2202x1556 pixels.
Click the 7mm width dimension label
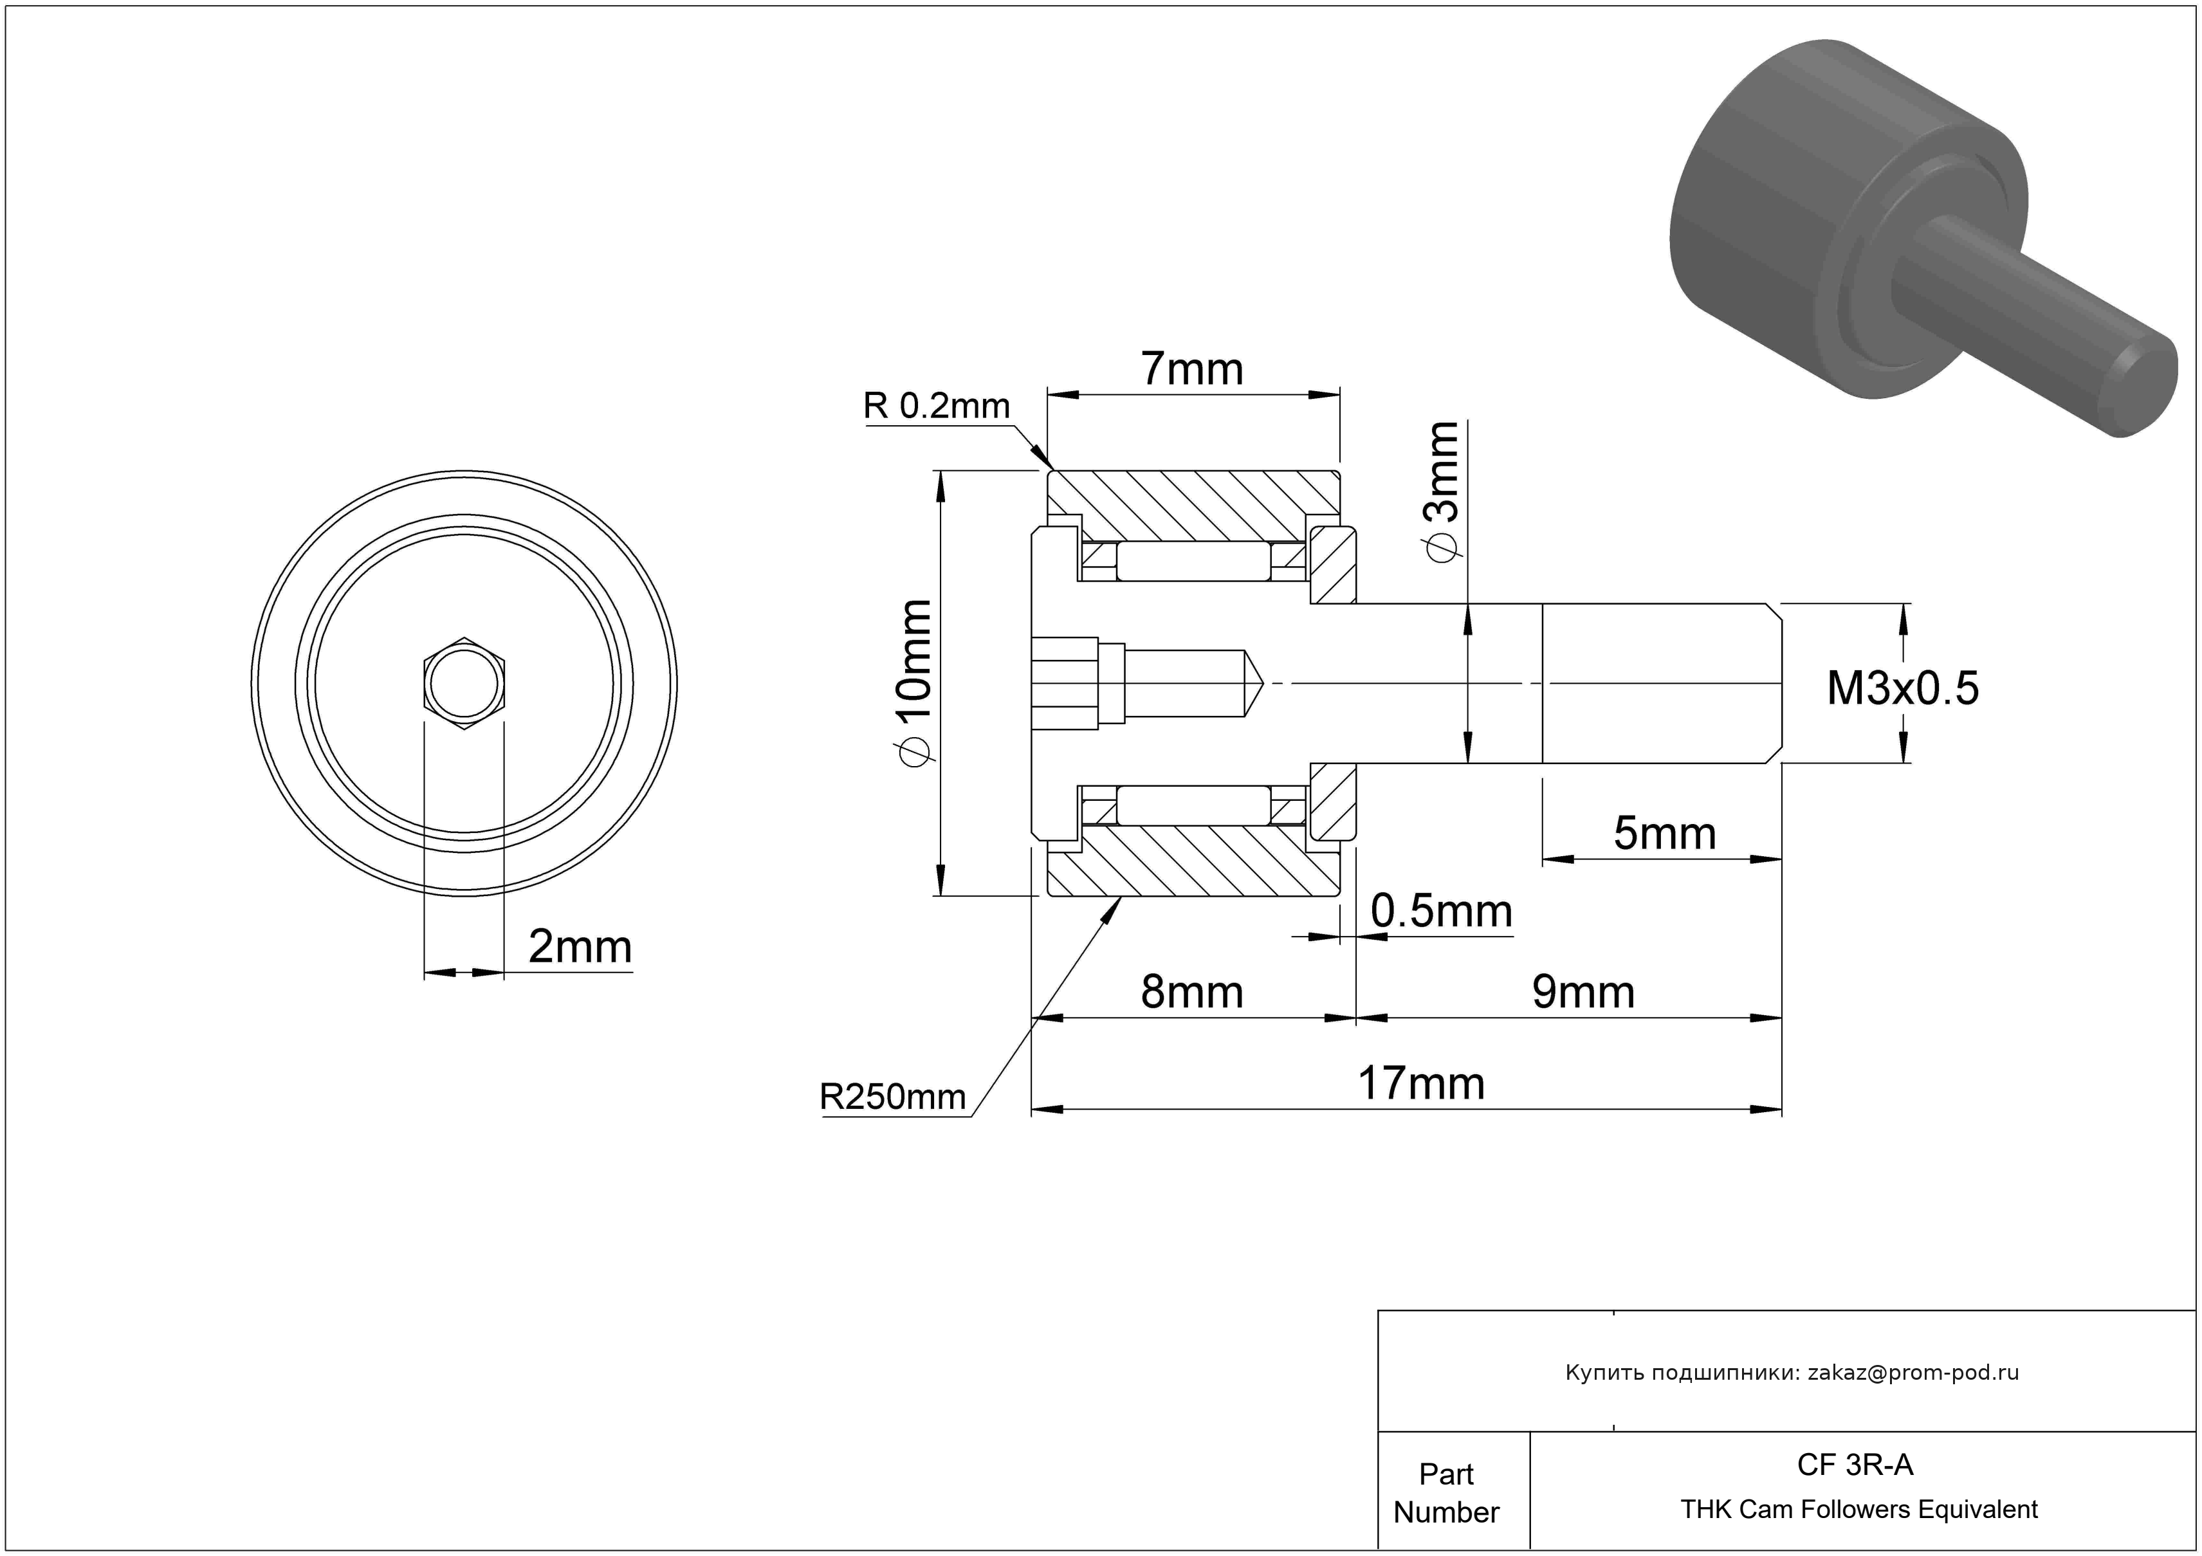(1191, 369)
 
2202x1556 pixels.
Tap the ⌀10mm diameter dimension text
(911, 682)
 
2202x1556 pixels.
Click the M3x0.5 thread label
(1902, 688)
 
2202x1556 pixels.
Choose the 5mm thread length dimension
(1664, 833)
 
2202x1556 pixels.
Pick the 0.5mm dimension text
(1440, 911)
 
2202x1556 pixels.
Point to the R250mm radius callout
(892, 1097)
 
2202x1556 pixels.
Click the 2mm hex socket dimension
(579, 947)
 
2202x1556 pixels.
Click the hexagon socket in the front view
(464, 684)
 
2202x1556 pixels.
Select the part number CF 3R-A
(1854, 1465)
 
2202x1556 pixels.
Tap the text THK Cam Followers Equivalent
(1858, 1510)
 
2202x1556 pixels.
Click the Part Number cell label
(1445, 1493)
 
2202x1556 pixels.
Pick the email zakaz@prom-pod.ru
(1913, 1373)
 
